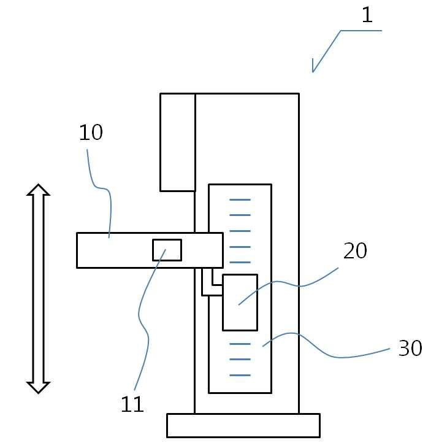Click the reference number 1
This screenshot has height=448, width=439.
click(367, 15)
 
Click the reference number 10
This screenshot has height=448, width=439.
click(91, 133)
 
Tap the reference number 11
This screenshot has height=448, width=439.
click(132, 404)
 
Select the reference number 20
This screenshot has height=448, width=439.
click(354, 251)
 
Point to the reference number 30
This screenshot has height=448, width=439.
click(410, 349)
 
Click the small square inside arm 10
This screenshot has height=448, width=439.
click(167, 250)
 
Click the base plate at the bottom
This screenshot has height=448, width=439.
click(243, 425)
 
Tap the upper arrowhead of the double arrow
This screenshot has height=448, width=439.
click(38, 190)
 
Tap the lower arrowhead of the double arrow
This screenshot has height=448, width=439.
click(38, 387)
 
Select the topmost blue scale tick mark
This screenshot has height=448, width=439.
click(240, 199)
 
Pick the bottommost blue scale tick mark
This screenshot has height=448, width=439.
click(240, 374)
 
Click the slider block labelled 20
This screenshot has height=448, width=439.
click(240, 302)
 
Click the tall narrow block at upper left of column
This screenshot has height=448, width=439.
click(177, 142)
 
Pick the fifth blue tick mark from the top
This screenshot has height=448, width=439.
click(240, 262)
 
